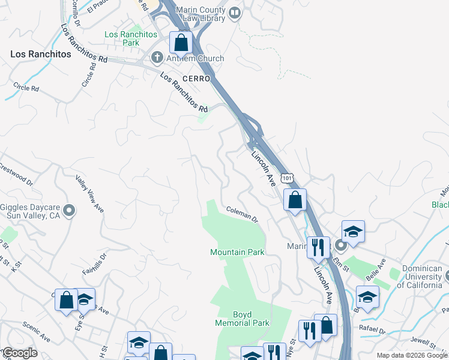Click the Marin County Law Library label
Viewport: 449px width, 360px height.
[192, 14]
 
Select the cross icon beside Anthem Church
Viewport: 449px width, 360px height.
[157, 58]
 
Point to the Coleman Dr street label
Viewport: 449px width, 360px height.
[242, 214]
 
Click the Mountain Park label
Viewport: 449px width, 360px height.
[237, 252]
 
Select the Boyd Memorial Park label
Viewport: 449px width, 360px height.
[243, 319]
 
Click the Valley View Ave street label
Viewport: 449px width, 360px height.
[90, 194]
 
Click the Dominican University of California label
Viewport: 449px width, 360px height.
[413, 277]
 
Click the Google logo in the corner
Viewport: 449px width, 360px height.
[20, 353]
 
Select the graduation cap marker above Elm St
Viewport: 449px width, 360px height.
[353, 232]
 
